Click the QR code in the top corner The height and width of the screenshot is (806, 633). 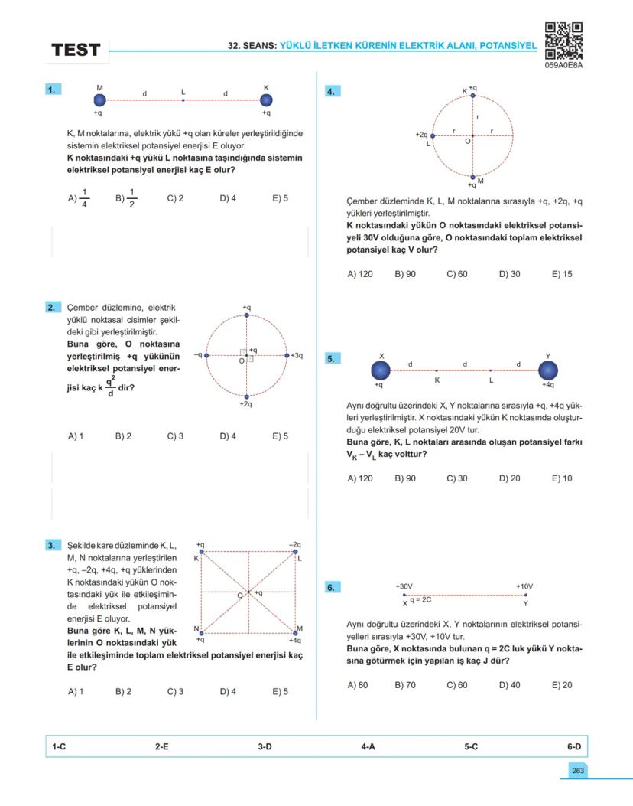point(564,41)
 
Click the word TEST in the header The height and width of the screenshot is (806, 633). point(76,51)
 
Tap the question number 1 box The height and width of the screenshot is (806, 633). point(53,90)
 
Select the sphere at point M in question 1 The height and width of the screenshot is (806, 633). point(99,100)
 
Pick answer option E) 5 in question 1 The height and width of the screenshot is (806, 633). point(280,198)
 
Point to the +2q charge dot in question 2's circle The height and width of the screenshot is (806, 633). point(245,396)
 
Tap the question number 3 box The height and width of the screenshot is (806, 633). point(53,546)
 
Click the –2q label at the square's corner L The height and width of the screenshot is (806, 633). point(294,544)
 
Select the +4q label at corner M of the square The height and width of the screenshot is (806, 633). point(294,640)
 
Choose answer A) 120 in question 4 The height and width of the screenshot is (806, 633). point(360,274)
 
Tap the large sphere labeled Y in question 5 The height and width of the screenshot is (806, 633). point(547,370)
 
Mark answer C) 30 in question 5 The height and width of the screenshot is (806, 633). point(457,478)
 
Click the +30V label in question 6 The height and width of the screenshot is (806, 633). point(404,586)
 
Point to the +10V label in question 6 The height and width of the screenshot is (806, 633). point(524,586)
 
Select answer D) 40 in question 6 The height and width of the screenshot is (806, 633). point(510,685)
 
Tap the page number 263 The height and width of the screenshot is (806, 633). point(577,771)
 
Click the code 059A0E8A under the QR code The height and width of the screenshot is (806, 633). point(564,65)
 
